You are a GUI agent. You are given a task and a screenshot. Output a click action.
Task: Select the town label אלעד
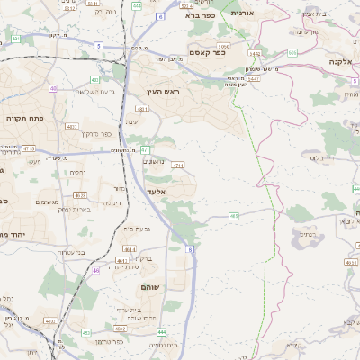pyautogui.click(x=157, y=193)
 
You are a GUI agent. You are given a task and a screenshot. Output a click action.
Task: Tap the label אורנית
pyautogui.click(x=243, y=13)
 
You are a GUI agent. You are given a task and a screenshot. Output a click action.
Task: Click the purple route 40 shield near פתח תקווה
pyautogui.click(x=54, y=88)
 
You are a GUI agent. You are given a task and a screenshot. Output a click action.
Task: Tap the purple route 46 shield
pyautogui.click(x=96, y=269)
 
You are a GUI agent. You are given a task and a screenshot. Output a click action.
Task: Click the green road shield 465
pyautogui.click(x=234, y=216)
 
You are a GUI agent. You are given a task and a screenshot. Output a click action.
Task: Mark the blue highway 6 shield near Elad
pyautogui.click(x=190, y=249)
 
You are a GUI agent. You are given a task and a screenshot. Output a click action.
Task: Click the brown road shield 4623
pyautogui.click(x=80, y=194)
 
